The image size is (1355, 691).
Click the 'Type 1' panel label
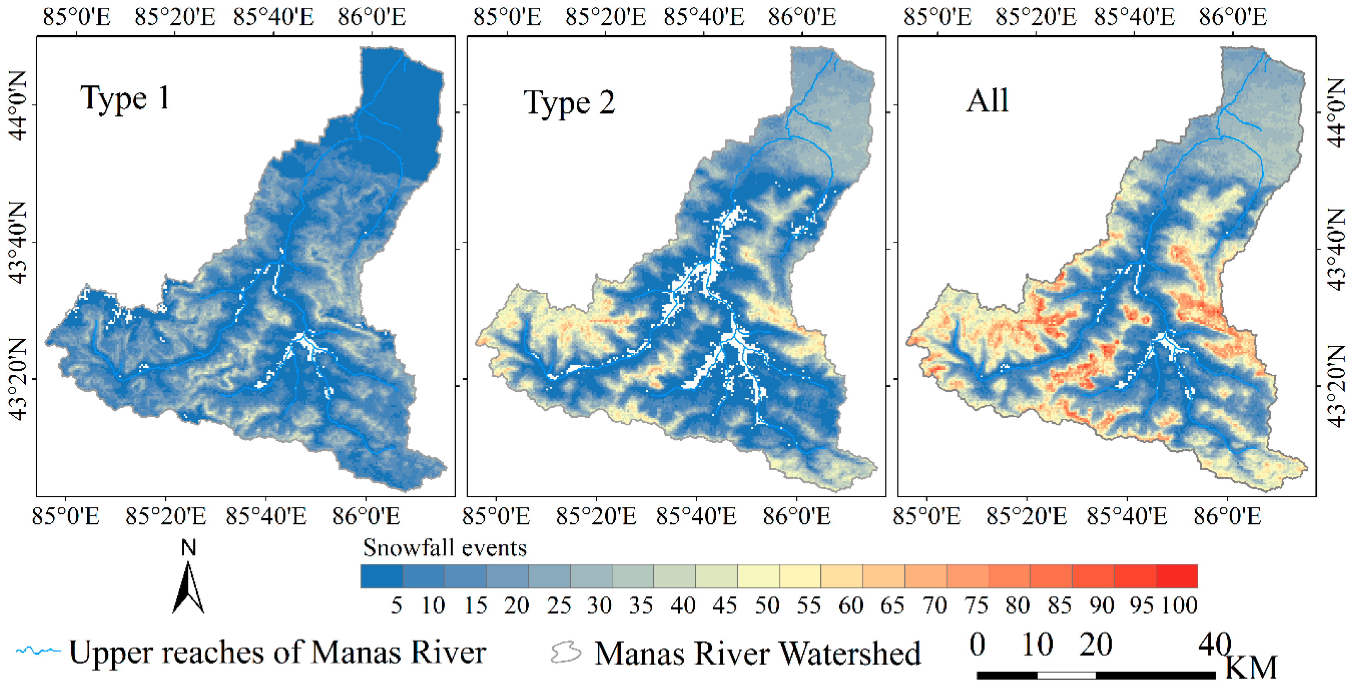coord(125,98)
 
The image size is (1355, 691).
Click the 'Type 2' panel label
coord(569,103)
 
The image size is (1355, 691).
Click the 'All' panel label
coord(987,101)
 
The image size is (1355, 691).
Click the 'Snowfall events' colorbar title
coord(444,548)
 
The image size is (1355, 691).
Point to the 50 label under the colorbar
coord(767,606)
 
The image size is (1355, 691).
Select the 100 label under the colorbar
coord(1179,606)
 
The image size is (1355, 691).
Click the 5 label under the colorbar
coord(396,606)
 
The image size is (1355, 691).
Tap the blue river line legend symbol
coord(38,651)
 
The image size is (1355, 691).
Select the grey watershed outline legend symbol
coord(566,653)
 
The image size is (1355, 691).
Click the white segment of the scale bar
coord(1067,675)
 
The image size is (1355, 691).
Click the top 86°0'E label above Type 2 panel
coord(802,17)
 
